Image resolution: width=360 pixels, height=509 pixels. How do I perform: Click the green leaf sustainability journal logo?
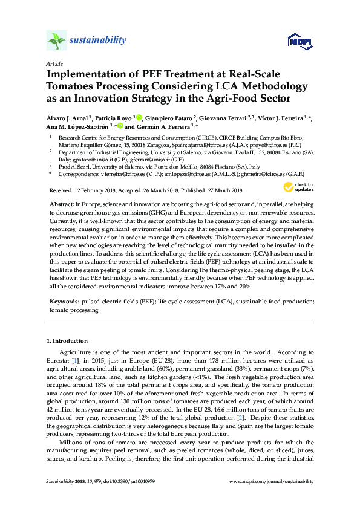[x=56, y=41]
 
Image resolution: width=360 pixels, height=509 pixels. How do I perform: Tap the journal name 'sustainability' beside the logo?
[x=98, y=41]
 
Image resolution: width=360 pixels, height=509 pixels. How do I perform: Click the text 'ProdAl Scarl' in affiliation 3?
[x=75, y=165]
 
